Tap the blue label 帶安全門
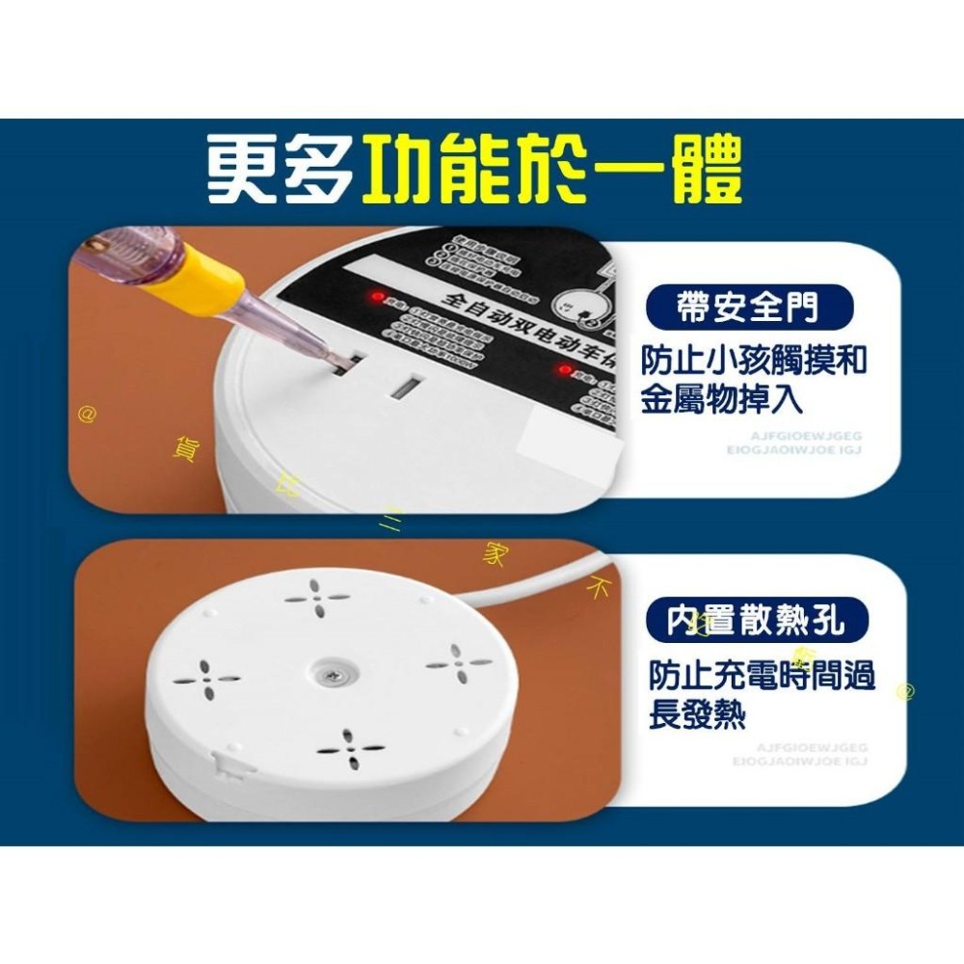click(x=748, y=308)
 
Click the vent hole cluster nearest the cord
click(x=460, y=665)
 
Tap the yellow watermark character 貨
click(x=182, y=447)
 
